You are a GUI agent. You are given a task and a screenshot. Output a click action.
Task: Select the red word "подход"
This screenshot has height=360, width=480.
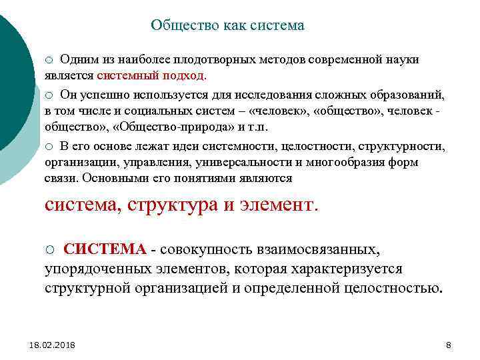(186, 75)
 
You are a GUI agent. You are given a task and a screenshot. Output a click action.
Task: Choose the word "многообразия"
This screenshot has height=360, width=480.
(333, 161)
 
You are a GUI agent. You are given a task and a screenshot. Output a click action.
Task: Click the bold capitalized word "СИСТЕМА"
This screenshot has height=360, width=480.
(105, 250)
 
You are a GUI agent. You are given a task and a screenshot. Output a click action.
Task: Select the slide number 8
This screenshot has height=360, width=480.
(448, 345)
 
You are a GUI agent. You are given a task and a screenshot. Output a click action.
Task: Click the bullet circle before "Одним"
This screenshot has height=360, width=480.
(49, 60)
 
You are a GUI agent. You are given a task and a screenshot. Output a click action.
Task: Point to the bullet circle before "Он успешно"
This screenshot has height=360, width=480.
(49, 95)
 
